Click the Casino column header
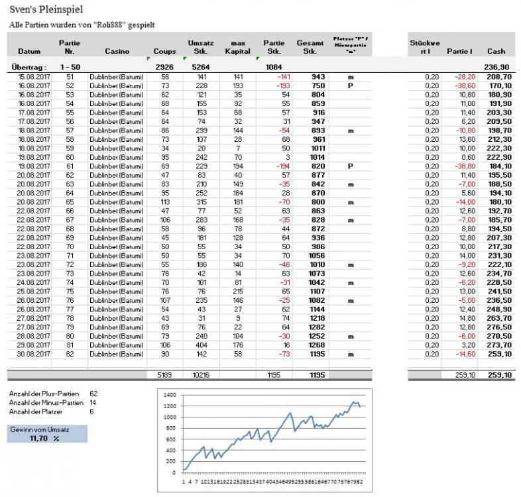121,51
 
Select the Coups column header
164,51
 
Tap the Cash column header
496,51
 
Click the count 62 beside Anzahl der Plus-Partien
93,394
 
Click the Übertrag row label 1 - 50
71,67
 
